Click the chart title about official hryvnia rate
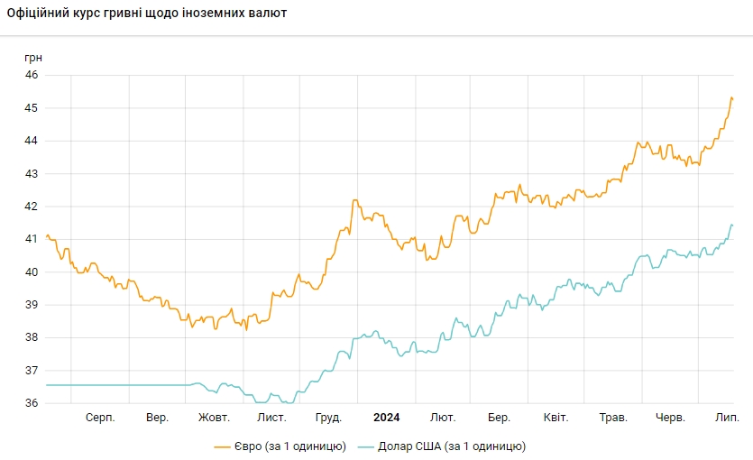[147, 14]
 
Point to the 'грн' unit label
[32, 58]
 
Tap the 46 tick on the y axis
[31, 75]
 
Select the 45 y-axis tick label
[31, 108]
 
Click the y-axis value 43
[31, 173]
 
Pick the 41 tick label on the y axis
[31, 239]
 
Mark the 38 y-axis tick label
[31, 337]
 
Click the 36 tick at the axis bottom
[31, 403]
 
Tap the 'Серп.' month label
[100, 418]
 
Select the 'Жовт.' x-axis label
[214, 418]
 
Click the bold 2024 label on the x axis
[386, 418]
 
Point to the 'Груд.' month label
[328, 418]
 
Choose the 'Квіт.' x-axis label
[556, 418]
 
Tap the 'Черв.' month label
[670, 418]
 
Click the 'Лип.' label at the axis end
[727, 418]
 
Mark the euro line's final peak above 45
[731, 97]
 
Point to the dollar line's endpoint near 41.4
[732, 225]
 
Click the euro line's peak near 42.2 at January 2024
[355, 200]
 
